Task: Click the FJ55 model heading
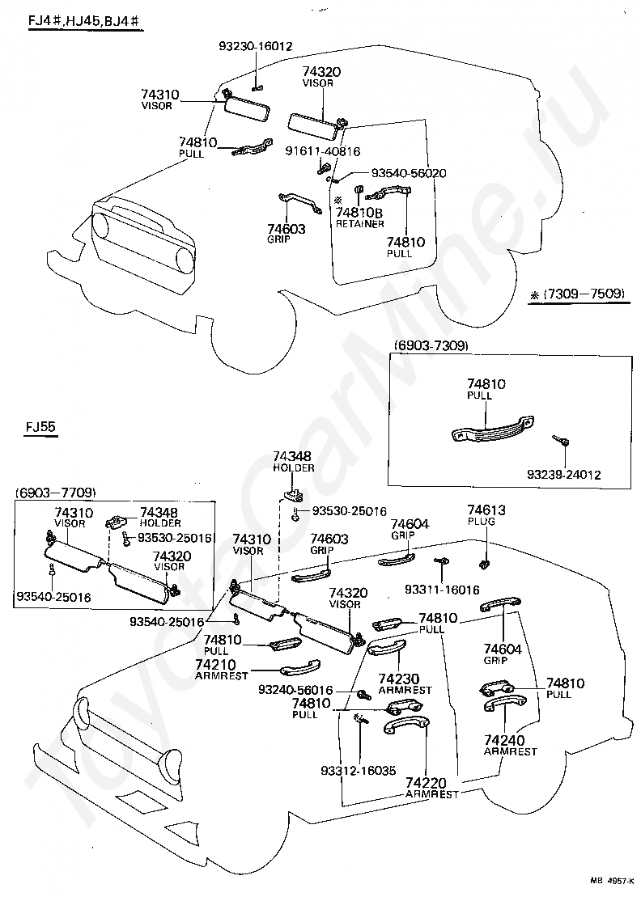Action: [42, 426]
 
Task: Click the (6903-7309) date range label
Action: [431, 345]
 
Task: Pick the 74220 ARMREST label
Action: [431, 789]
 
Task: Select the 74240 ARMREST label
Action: [510, 745]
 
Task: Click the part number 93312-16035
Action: [358, 770]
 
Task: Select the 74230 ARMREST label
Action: [405, 684]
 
